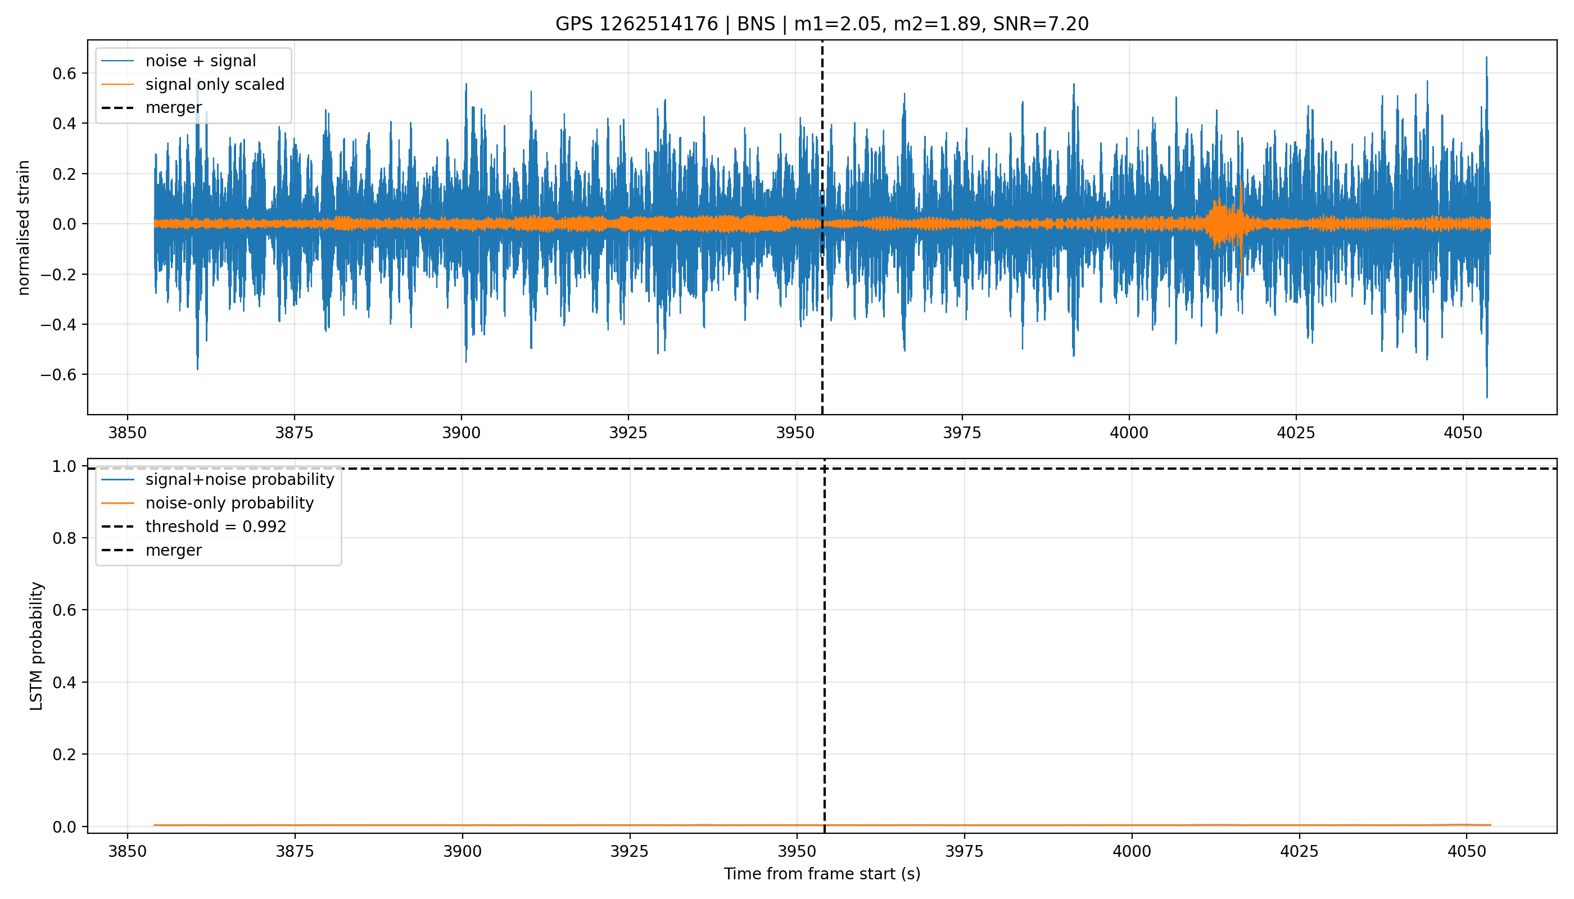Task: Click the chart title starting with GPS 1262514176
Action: [822, 24]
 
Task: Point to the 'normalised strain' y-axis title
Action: [24, 228]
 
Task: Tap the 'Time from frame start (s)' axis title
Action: [822, 874]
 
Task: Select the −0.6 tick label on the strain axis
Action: [59, 375]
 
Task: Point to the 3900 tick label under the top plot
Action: [462, 433]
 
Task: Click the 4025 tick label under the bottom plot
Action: [1300, 851]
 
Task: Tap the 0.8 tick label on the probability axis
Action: [65, 538]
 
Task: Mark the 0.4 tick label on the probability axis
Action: [65, 682]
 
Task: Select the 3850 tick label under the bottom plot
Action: [127, 851]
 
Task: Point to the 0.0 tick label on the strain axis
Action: [65, 224]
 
